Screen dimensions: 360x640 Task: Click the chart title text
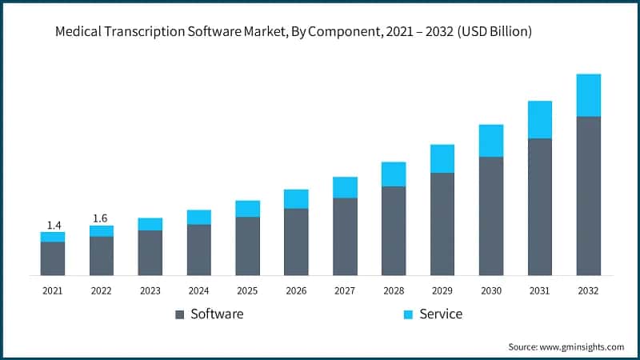click(294, 33)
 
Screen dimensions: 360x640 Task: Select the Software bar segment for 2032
click(589, 196)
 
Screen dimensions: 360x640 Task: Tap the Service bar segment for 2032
click(589, 95)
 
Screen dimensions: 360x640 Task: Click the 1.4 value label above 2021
click(53, 225)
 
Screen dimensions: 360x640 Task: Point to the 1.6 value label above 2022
click(102, 218)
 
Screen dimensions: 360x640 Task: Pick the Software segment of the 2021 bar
click(53, 258)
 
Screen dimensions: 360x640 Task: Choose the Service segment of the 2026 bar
click(296, 199)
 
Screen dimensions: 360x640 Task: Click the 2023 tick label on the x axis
click(150, 291)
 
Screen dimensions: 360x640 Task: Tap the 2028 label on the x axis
click(394, 291)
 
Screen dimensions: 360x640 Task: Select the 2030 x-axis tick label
click(491, 291)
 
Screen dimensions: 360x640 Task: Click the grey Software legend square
click(180, 314)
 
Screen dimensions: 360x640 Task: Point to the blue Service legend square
click(408, 314)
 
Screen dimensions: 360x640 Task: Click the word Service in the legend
click(441, 314)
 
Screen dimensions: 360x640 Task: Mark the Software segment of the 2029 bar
click(442, 224)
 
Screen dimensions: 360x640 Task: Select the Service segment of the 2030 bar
click(491, 141)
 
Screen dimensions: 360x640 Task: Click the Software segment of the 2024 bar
click(199, 250)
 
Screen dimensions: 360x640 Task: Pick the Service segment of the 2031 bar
click(540, 120)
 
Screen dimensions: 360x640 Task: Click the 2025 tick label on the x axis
click(248, 291)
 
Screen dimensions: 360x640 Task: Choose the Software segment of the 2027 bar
click(345, 237)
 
